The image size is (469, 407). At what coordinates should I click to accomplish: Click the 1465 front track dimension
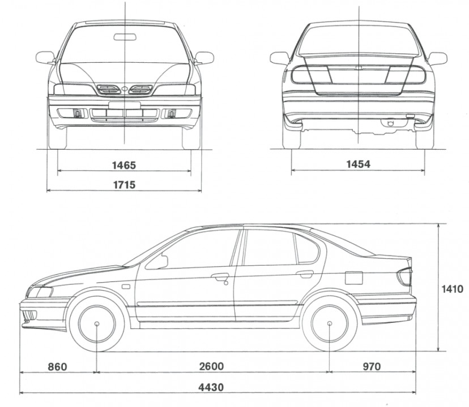coord(124,165)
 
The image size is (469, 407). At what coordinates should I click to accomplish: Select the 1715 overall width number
coord(124,185)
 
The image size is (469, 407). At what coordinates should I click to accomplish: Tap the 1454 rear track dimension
coord(359,164)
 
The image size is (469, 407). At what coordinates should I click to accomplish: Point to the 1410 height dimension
coord(452,289)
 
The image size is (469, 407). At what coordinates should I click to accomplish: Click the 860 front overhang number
coord(57,366)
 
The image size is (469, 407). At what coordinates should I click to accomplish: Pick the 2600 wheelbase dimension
coord(211,366)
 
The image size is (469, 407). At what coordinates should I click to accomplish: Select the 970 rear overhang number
coord(372,366)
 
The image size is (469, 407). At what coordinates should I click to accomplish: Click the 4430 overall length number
coord(211,387)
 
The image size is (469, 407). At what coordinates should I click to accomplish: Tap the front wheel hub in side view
coord(97,324)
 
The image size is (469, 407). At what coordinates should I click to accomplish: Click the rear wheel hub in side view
coord(329,323)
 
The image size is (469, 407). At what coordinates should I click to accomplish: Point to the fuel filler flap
coord(353,278)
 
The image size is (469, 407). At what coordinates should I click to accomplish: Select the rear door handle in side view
coord(305,274)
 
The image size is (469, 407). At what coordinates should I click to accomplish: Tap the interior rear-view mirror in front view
coord(125,37)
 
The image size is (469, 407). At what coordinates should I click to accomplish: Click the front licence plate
coord(125,105)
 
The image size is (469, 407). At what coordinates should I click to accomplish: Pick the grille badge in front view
coord(125,89)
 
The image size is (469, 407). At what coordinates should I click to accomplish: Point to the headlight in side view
coord(40,292)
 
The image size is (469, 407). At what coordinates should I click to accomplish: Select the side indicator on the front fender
coord(126,287)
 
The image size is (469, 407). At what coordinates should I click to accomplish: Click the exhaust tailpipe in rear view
coord(390,123)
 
